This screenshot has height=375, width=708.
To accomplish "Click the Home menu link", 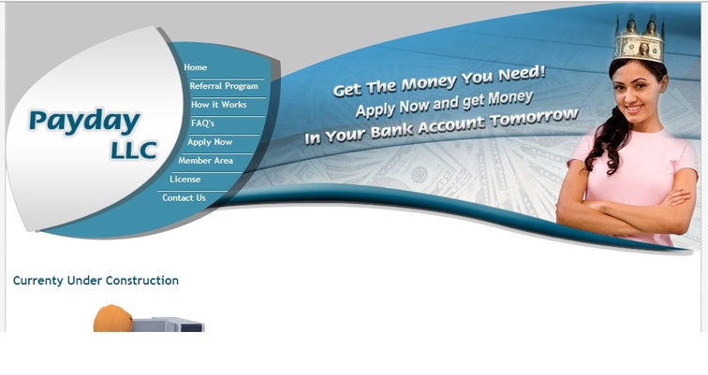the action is [196, 67].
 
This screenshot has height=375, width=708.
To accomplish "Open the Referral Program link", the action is [224, 86].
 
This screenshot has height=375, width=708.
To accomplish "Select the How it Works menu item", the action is [219, 105].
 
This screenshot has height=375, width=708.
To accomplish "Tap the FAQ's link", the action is [202, 123].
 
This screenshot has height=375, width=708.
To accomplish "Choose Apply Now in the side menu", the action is [210, 142].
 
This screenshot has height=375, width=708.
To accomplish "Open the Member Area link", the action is [205, 161].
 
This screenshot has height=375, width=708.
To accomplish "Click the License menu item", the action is [185, 179].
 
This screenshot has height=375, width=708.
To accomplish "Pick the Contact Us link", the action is [184, 198].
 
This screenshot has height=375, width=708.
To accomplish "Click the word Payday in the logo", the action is [84, 122].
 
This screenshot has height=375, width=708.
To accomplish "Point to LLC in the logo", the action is [134, 151].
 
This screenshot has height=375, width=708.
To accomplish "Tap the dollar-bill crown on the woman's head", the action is [639, 40].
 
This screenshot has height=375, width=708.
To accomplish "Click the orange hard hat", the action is [113, 318].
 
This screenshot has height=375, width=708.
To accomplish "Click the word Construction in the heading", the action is [144, 281].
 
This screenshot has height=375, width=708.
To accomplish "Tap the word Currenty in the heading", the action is [37, 281].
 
